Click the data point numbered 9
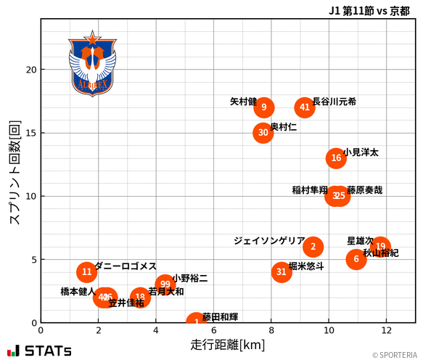[264, 107]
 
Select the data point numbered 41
[305, 107]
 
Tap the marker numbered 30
[263, 133]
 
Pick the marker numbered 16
[336, 158]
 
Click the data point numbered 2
[313, 247]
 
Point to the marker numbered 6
[356, 259]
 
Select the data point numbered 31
[282, 272]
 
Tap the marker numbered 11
[87, 272]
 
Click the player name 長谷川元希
[334, 102]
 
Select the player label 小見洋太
[361, 152]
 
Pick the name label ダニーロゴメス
[126, 266]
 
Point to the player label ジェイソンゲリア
[269, 240]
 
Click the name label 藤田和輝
[220, 317]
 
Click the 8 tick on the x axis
[271, 330]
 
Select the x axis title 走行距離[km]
[227, 344]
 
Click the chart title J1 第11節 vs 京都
[369, 11]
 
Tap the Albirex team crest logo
[91, 64]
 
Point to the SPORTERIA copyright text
[395, 355]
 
